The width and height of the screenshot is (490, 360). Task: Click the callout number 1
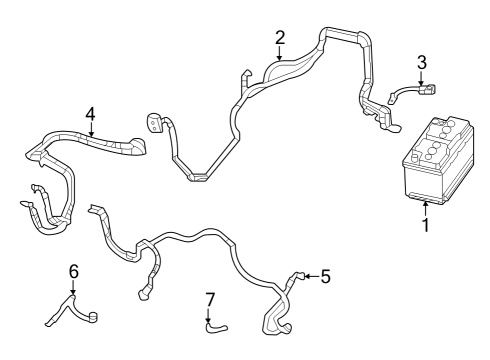425,225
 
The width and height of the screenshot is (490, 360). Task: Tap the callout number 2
280,38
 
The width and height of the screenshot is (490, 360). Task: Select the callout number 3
422,62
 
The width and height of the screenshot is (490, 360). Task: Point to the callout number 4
90,114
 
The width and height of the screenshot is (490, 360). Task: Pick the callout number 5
325,276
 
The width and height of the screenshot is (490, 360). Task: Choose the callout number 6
73,271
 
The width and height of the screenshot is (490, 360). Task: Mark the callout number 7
209,298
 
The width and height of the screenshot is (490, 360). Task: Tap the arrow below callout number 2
280,56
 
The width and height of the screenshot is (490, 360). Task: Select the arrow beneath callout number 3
422,80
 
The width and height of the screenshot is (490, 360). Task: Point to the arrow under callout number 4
90,131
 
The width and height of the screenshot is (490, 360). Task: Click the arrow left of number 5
309,276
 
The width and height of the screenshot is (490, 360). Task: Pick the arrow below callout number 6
73,289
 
